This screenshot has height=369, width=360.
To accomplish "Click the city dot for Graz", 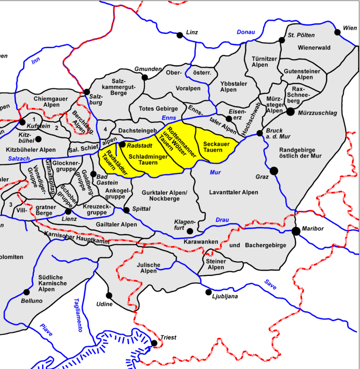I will point(273,170).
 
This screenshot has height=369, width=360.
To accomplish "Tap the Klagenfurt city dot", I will point(190,231).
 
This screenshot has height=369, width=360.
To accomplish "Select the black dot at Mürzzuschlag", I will point(290,111).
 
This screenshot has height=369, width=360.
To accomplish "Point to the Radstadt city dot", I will point(122,144).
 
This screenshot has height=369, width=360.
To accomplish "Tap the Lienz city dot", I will point(68,211).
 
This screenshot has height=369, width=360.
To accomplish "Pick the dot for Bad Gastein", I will point(93,175).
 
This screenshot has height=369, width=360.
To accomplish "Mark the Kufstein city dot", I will point(22,122).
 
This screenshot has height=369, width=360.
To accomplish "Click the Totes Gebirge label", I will point(158,108).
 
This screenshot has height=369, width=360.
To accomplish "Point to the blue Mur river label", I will point(215,173).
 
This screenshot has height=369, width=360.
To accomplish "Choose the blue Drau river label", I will point(222,219).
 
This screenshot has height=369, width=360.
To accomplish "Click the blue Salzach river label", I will point(19,158).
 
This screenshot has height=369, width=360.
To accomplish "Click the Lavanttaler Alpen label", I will point(233,192).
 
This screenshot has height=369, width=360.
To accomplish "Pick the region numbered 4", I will point(106,128).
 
